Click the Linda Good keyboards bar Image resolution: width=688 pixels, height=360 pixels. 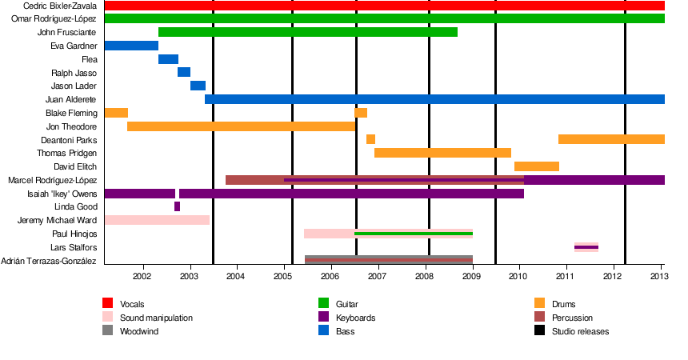pos(177,206)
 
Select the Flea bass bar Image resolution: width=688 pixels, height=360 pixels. pos(168,59)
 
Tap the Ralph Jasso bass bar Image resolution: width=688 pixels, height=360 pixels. pos(184,73)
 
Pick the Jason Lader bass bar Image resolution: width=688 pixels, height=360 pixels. pos(198,86)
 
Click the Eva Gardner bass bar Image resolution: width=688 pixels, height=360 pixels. pos(131,46)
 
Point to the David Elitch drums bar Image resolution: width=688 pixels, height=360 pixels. pos(536,166)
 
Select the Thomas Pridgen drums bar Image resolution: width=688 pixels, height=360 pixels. pos(442,153)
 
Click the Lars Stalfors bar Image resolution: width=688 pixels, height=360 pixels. pos(586,247)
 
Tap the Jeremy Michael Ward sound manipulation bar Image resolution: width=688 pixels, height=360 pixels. pos(157,220)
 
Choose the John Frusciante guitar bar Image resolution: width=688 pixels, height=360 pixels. pos(308,32)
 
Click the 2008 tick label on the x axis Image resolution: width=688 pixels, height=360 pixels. pos(425,277)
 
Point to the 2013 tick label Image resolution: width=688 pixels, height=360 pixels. pos(658,277)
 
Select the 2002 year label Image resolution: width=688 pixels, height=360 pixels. pos(142,277)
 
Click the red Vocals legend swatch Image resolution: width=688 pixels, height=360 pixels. pos(108,303)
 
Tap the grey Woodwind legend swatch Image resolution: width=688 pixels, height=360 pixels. pos(108,330)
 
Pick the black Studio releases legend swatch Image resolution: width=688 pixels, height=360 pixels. pos(540,330)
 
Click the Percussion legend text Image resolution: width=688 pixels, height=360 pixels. pos(572,318)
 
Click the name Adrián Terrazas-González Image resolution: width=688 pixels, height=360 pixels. pos(49,261)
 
